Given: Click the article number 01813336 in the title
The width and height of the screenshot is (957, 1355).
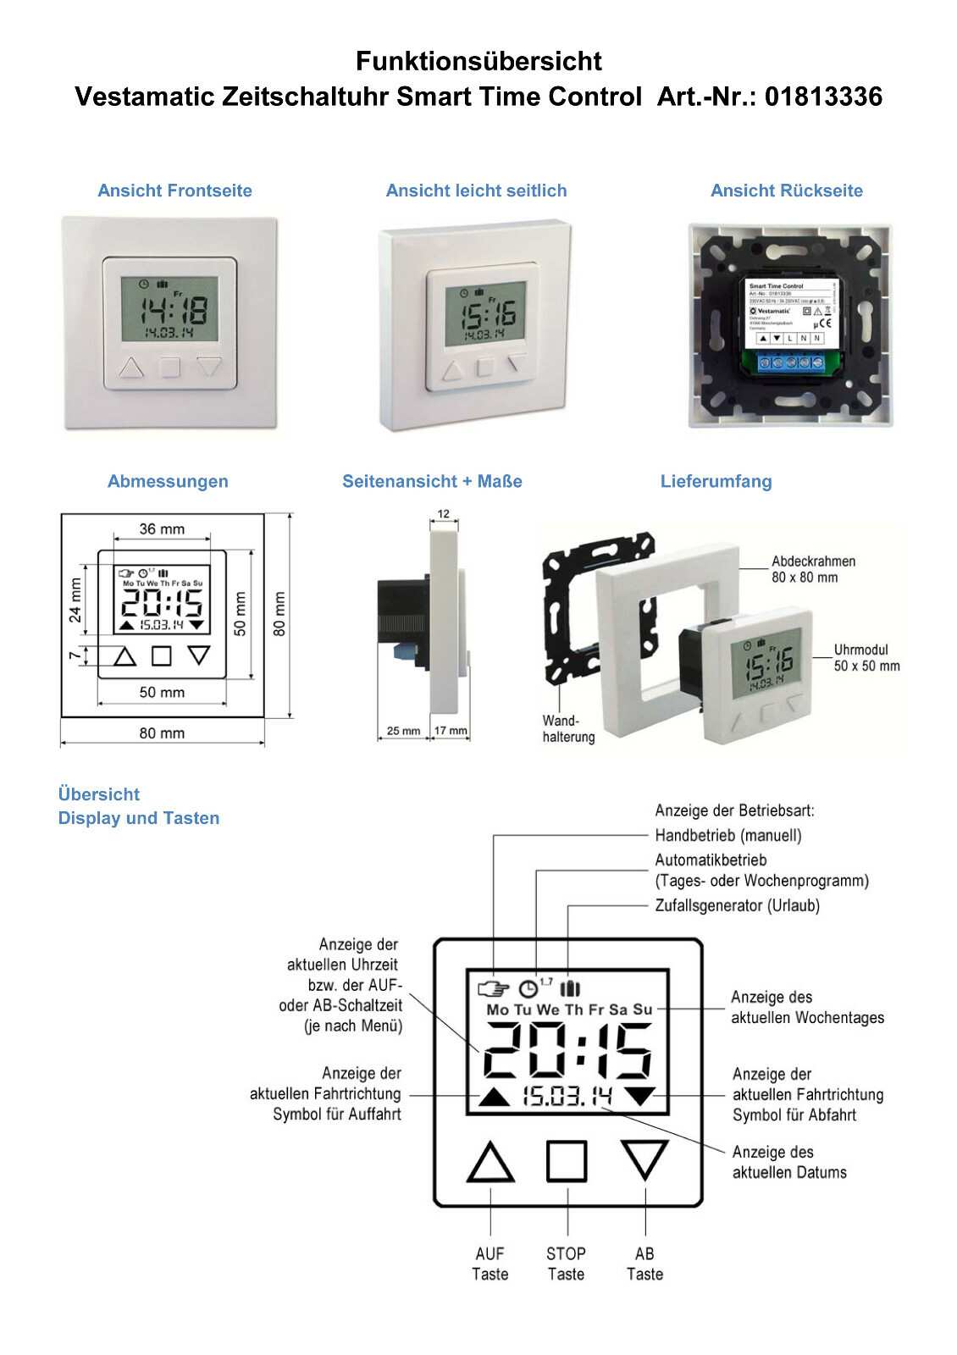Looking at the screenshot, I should coord(823,97).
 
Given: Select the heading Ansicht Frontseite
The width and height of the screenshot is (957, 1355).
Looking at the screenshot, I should coord(174,191).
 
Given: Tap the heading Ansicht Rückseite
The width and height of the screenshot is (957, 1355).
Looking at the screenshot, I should coord(786,191).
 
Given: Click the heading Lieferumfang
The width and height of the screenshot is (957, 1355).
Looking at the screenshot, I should coord(716,481).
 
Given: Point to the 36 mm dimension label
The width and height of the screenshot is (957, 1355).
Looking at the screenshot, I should coord(162,529).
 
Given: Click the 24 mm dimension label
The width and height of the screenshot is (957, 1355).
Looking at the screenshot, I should coord(76,600).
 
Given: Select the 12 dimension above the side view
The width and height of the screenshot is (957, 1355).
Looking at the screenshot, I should coord(444,514).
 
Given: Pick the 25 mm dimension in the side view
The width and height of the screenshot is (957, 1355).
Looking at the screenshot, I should coord(403,730).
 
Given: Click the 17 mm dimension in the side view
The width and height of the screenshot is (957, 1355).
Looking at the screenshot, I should coord(451,730).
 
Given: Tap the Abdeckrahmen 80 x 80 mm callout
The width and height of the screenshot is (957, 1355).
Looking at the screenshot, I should coord(812,569).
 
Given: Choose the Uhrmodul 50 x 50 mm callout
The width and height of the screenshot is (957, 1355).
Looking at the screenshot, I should coord(866,657).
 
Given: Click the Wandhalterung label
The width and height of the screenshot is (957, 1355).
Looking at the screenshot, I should coord(567,728).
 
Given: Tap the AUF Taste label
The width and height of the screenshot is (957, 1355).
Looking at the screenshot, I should coord(490,1264).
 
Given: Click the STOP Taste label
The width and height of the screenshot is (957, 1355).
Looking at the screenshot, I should coord(566,1264).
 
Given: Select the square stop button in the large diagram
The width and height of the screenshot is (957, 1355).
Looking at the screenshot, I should coord(567,1160).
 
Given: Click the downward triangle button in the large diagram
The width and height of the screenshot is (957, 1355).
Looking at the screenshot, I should coord(644,1158).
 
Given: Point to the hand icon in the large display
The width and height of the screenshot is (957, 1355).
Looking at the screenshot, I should coord(494,988).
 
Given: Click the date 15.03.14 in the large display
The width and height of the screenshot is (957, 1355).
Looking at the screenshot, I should coord(567,1097).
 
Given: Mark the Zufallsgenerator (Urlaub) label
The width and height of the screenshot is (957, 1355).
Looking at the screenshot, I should coord(737,905).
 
